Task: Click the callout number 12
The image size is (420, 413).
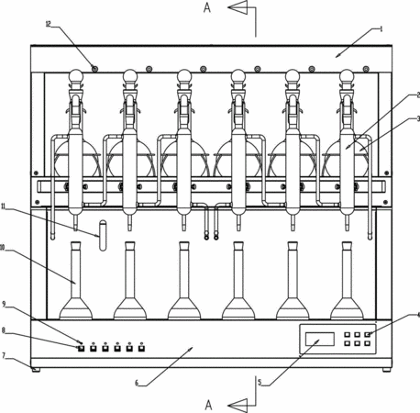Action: click(x=48, y=24)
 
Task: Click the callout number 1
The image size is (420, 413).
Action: click(x=381, y=29)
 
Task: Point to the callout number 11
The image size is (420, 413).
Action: click(x=4, y=206)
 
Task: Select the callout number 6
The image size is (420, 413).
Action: click(x=137, y=383)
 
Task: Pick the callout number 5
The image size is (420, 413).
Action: click(x=260, y=382)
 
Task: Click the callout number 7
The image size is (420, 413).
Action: click(x=4, y=355)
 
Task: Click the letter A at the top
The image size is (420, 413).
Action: click(x=207, y=8)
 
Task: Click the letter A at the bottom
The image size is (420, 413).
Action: click(x=208, y=405)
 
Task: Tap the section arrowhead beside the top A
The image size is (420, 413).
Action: click(x=238, y=7)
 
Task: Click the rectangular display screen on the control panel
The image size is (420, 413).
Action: click(x=320, y=339)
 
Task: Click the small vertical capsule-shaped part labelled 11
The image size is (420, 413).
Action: click(x=103, y=235)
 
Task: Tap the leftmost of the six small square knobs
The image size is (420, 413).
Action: click(x=81, y=348)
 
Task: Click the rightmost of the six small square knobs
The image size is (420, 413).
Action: click(x=141, y=348)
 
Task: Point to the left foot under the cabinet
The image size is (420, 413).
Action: click(x=36, y=370)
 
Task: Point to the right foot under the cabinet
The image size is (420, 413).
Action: click(x=387, y=370)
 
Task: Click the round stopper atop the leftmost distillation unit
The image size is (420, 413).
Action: click(x=76, y=75)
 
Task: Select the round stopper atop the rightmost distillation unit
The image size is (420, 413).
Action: click(x=347, y=75)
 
